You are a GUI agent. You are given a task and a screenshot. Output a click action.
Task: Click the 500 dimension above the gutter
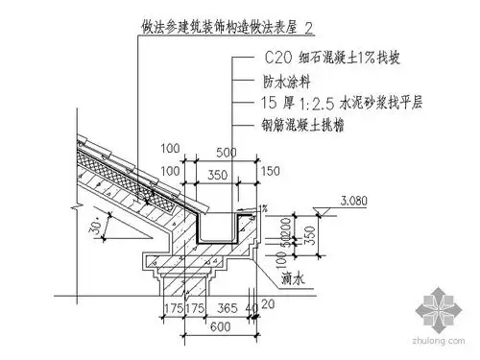pos(227,153)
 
